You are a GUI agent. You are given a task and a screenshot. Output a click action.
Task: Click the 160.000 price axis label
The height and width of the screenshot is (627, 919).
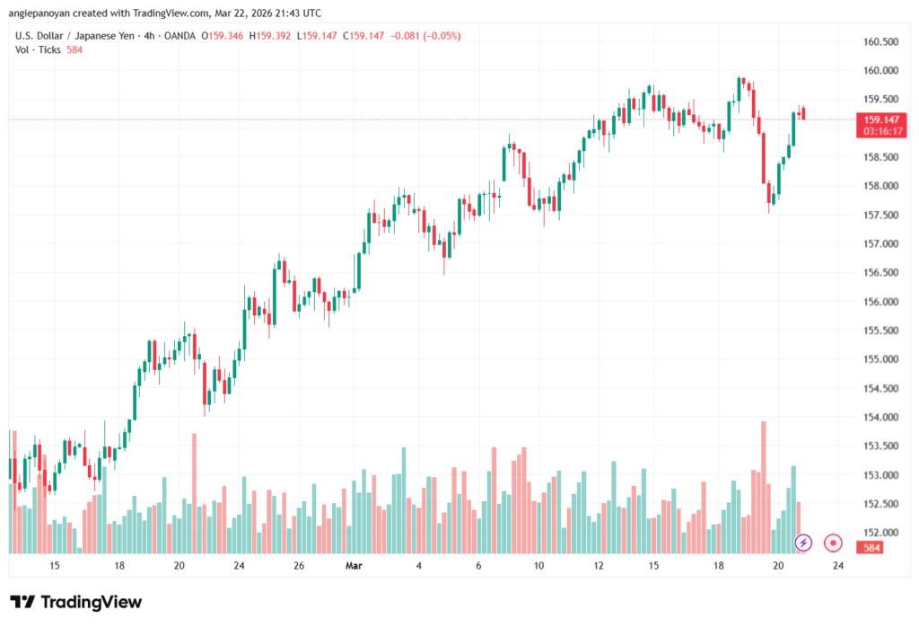click(x=880, y=70)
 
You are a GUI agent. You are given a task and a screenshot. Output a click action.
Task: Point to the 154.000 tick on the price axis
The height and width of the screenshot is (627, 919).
click(x=880, y=417)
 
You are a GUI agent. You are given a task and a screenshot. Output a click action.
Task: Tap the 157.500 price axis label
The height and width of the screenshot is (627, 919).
click(x=880, y=215)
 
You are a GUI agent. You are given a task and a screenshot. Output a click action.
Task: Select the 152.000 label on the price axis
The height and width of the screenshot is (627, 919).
click(x=880, y=533)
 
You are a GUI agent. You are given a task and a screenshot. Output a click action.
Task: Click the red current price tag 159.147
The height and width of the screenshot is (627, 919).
click(x=880, y=119)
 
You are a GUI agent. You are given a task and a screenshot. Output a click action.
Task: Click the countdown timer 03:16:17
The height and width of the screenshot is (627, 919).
click(x=880, y=131)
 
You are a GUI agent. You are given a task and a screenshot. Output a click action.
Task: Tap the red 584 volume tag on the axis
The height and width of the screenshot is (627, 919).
click(x=871, y=547)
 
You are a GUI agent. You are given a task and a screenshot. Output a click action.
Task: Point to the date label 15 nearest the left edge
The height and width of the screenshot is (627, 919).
click(x=55, y=566)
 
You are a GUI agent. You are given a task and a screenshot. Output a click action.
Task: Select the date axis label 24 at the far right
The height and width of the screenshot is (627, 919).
click(x=837, y=566)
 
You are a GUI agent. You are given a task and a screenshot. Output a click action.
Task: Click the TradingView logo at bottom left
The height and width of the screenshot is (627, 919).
click(x=75, y=602)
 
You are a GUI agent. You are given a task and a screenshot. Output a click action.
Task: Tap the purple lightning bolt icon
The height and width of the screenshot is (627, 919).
click(x=804, y=543)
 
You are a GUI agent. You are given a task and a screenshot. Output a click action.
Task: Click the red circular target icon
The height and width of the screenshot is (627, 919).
click(x=834, y=543)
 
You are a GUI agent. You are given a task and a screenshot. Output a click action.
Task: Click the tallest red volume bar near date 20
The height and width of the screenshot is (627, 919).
click(x=764, y=485)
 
